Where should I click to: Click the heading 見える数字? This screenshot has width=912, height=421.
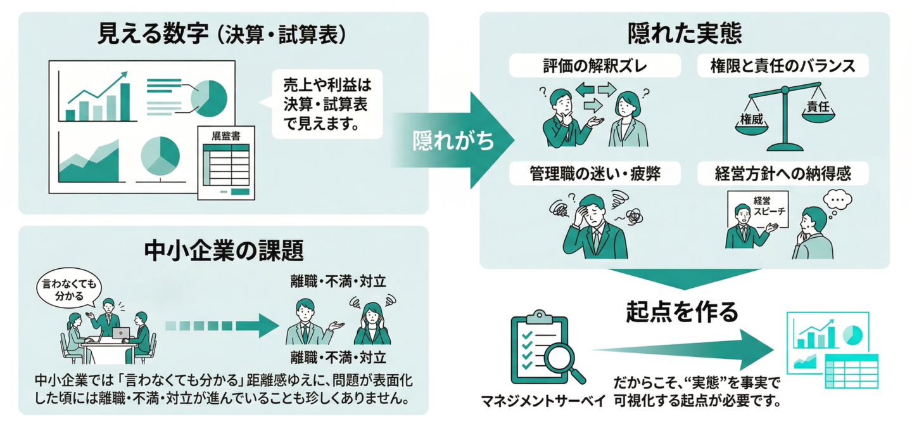(153, 34)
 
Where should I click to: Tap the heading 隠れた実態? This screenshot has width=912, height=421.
(684, 34)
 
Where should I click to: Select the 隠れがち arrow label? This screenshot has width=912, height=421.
(453, 141)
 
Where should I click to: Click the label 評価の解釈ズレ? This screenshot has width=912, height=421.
(595, 65)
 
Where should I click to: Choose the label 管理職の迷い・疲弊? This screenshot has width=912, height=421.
(595, 173)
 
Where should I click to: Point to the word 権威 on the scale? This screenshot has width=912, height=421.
(751, 119)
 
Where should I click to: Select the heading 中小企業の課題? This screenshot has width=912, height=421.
(224, 250)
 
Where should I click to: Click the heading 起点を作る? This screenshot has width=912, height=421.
(682, 311)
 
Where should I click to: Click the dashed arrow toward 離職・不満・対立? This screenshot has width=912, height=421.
(221, 326)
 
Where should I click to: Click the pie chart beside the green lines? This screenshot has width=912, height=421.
(210, 96)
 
